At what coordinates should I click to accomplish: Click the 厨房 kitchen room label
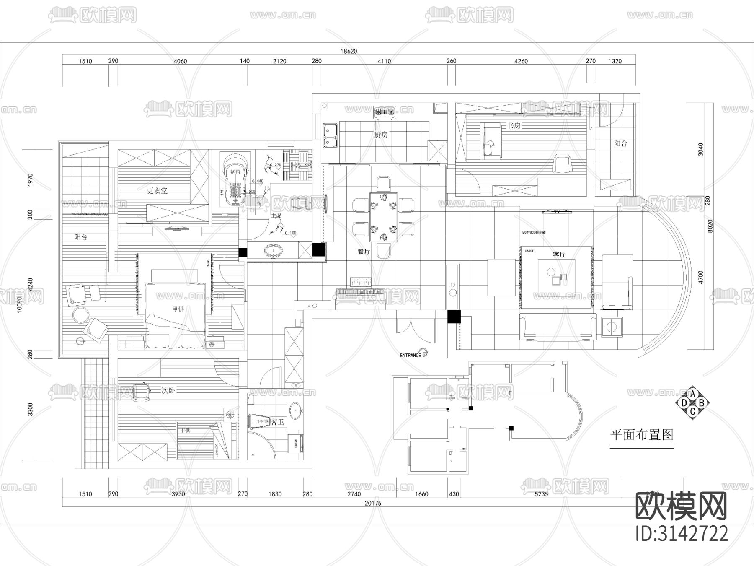pos(381,135)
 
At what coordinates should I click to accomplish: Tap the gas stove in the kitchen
pos(385,112)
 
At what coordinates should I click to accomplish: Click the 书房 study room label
pos(514,125)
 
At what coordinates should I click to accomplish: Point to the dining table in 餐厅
pos(383,217)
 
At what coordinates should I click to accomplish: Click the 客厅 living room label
pos(559,254)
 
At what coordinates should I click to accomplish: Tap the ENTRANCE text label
pos(410,355)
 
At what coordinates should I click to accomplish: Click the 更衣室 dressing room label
pos(157,190)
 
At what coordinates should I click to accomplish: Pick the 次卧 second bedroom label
pos(168,390)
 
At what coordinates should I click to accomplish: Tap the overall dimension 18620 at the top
pos(349,51)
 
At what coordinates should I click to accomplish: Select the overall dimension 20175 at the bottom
pos(373,503)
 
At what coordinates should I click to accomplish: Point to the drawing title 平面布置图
pos(641,434)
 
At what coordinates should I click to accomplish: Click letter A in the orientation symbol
pos(693,394)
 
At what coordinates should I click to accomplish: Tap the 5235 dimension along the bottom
pos(541,494)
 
